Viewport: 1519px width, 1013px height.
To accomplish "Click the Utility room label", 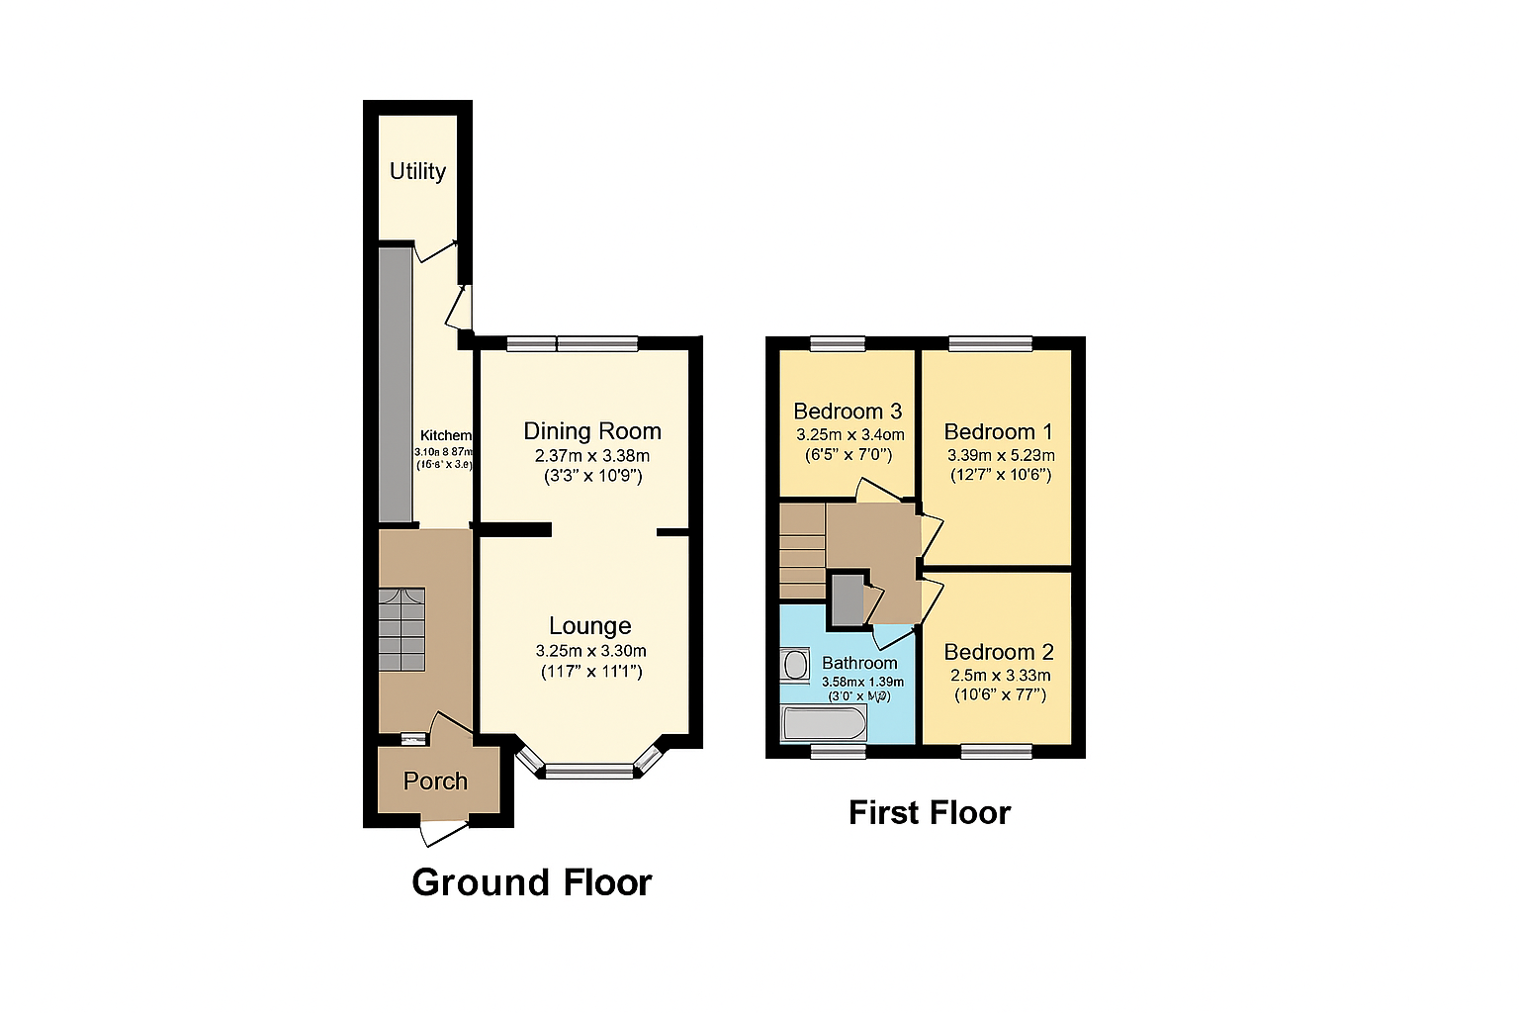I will point(417,171).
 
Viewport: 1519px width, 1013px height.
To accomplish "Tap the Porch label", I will point(435,781).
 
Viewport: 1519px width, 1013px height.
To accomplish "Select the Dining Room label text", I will point(591,431).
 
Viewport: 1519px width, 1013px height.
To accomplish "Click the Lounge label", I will point(589,626).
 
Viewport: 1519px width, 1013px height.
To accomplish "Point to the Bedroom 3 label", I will point(848,412).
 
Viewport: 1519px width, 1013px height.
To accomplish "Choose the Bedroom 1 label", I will point(998,432).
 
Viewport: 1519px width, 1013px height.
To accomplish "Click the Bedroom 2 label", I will point(999,652).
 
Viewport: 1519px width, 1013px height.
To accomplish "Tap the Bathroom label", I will point(859,663).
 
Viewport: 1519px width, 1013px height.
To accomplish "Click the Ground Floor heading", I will point(531,882).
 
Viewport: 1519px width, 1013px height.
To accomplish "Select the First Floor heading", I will point(930,813).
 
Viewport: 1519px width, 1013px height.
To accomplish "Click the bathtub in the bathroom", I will point(824,723).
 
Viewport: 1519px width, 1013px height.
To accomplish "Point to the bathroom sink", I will point(794,664).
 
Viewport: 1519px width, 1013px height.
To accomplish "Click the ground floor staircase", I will point(401,629).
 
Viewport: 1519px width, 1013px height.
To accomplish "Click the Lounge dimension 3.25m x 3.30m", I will point(590,651).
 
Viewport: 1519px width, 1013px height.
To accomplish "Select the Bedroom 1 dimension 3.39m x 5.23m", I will point(1001,455).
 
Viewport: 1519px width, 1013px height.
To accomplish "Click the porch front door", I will point(444,832).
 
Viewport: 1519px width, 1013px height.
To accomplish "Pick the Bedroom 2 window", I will point(996,751).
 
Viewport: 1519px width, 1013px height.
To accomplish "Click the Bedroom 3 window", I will point(838,344).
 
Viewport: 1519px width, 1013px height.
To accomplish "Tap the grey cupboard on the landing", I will point(847,599).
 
